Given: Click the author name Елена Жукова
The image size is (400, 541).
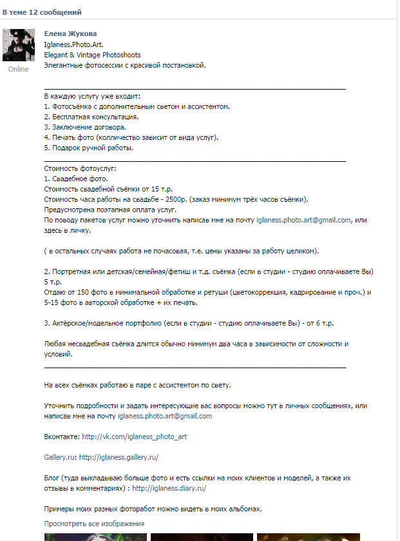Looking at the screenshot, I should pyautogui.click(x=70, y=34).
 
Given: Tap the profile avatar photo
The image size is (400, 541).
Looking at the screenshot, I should pyautogui.click(x=19, y=45).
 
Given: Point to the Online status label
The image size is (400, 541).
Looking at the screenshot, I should pyautogui.click(x=19, y=69).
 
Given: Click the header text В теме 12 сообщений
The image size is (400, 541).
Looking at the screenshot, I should pyautogui.click(x=42, y=12).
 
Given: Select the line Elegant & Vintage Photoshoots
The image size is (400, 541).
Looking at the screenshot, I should pyautogui.click(x=92, y=55).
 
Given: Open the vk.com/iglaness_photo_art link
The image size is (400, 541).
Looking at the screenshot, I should pyautogui.click(x=135, y=437).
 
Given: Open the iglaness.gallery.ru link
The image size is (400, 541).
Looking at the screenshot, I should pyautogui.click(x=119, y=457).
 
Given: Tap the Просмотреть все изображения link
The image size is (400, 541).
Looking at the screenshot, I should pyautogui.click(x=94, y=523).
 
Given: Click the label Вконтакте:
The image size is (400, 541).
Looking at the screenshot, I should pyautogui.click(x=62, y=437).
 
